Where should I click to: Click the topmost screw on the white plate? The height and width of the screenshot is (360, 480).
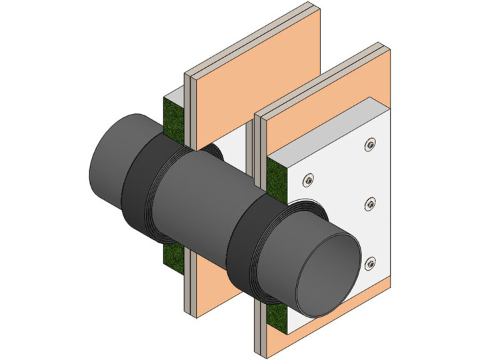coord(370,144)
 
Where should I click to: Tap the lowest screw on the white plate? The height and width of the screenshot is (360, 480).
coord(370,266)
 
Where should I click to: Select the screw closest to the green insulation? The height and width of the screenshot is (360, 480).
coord(307,178)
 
